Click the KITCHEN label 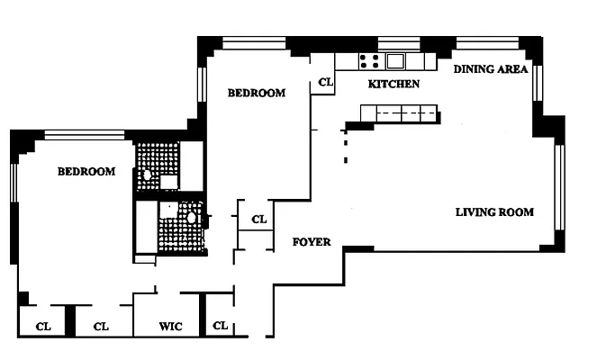pyautogui.click(x=393, y=84)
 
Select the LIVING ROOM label pyautogui.click(x=493, y=212)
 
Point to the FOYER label pyautogui.click(x=312, y=242)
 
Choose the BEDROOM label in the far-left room pyautogui.click(x=86, y=171)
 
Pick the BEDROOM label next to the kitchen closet pyautogui.click(x=256, y=92)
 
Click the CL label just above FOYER pyautogui.click(x=258, y=219)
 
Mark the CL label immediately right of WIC pyautogui.click(x=220, y=326)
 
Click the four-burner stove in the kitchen pyautogui.click(x=369, y=61)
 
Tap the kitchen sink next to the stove pyautogui.click(x=395, y=61)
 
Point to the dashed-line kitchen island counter pyautogui.click(x=398, y=113)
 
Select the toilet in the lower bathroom pyautogui.click(x=192, y=217)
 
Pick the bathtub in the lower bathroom pyautogui.click(x=146, y=229)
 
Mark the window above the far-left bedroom pyautogui.click(x=85, y=135)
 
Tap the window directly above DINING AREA pyautogui.click(x=485, y=41)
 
